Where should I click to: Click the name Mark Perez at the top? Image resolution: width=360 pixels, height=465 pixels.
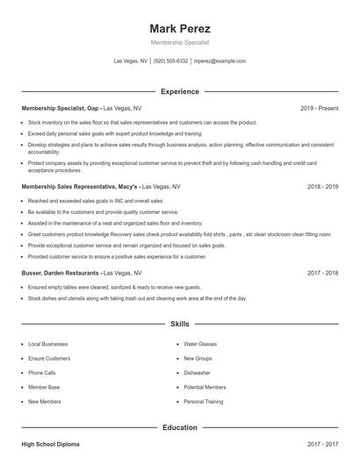click(x=180, y=28)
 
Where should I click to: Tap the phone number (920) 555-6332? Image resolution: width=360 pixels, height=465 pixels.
click(x=171, y=61)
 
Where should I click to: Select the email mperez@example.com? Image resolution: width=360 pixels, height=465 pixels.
click(x=220, y=61)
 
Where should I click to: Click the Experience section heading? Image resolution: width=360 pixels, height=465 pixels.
click(x=180, y=91)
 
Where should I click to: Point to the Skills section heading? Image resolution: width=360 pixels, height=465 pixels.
click(x=180, y=324)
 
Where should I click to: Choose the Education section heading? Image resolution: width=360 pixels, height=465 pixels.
click(x=180, y=427)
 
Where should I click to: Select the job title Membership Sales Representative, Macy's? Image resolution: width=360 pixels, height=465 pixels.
click(x=80, y=187)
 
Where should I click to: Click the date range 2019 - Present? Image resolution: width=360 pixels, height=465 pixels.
click(x=319, y=108)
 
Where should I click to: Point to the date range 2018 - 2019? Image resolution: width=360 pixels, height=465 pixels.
click(x=323, y=187)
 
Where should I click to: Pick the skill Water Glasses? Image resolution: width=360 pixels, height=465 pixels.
click(x=200, y=344)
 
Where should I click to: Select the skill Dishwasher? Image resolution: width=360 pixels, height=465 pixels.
click(x=197, y=373)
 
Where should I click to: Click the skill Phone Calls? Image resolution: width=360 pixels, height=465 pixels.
click(x=43, y=373)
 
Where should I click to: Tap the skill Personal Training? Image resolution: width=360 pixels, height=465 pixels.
click(x=204, y=401)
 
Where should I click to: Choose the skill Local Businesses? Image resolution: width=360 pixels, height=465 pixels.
click(x=47, y=344)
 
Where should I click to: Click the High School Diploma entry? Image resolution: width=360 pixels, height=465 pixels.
click(x=50, y=445)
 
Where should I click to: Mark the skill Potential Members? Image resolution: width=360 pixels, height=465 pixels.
click(x=205, y=387)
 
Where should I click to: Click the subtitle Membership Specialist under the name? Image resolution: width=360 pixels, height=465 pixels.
click(x=180, y=42)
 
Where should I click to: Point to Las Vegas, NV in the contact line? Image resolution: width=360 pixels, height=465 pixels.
click(x=131, y=61)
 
